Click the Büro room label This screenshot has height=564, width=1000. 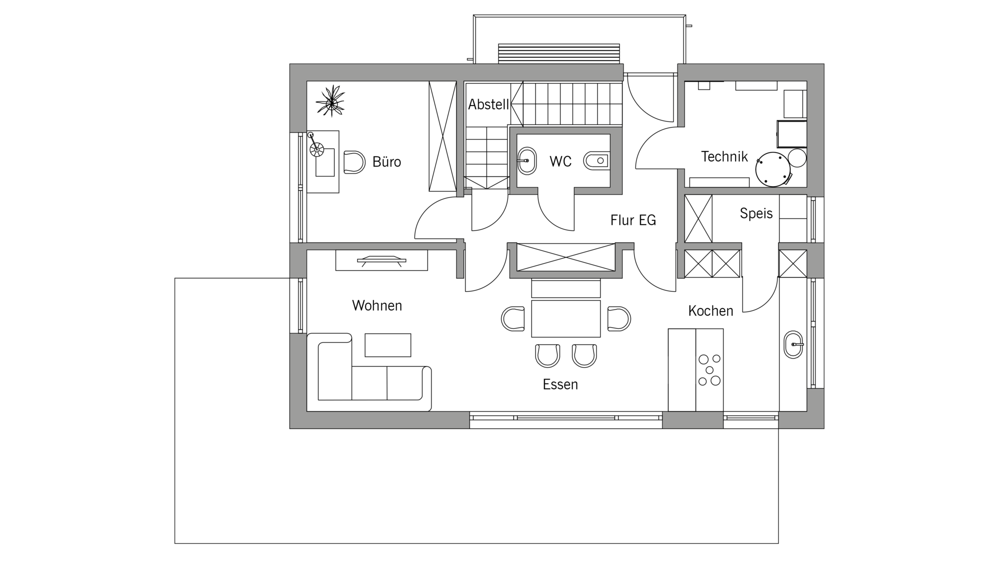(x=386, y=161)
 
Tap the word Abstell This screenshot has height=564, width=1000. (x=488, y=104)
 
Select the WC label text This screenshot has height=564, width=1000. (x=560, y=161)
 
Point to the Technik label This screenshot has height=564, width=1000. (x=724, y=156)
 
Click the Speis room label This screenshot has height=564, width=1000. (x=756, y=213)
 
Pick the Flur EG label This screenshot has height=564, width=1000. (x=633, y=220)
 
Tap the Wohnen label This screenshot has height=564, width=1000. (x=377, y=305)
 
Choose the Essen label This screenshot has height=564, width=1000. (x=560, y=384)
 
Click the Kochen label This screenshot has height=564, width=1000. (x=710, y=311)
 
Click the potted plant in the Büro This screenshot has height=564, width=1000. (x=330, y=101)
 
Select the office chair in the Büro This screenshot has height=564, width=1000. (x=354, y=162)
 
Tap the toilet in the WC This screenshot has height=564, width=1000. (x=597, y=160)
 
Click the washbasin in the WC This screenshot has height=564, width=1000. (x=526, y=161)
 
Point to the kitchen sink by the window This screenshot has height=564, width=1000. (x=793, y=344)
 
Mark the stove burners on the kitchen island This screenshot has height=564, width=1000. (x=709, y=370)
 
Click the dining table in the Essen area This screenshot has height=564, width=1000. (x=565, y=318)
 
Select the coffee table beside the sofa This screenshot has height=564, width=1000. (x=388, y=345)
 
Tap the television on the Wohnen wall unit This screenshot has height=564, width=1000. (x=381, y=260)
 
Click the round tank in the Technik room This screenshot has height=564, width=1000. (x=773, y=169)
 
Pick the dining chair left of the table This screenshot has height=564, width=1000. (x=513, y=319)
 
